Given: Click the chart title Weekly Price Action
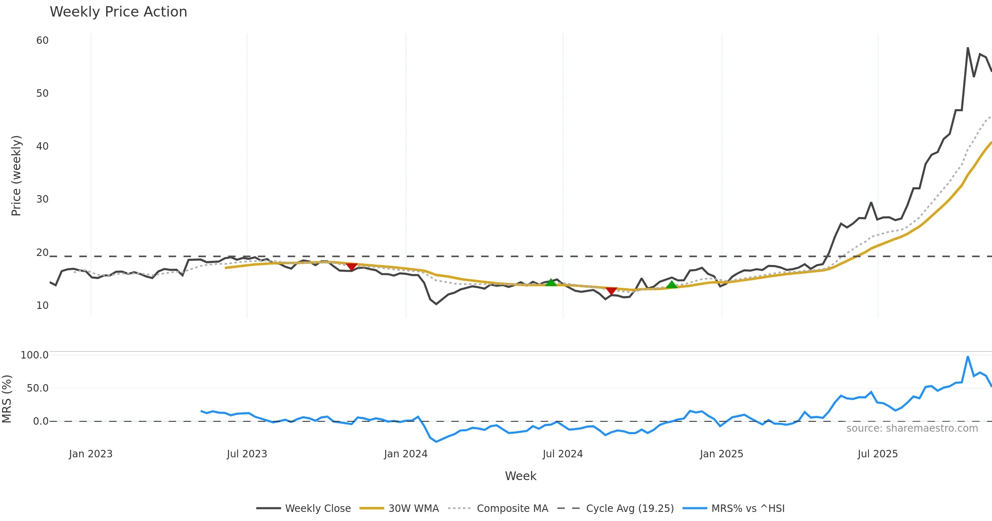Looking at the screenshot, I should [118, 12].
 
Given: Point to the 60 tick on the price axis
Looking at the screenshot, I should [43, 41].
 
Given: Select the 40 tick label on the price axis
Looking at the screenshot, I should [43, 146].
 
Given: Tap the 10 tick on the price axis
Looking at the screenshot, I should [43, 306].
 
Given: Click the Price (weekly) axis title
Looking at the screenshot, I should [16, 176].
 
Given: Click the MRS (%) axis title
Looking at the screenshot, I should [7, 399].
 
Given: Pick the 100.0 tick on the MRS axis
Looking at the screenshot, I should [35, 355].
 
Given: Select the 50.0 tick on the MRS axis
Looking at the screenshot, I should [38, 388].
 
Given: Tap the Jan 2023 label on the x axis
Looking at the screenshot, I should [91, 454].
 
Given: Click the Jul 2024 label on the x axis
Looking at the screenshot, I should [563, 454].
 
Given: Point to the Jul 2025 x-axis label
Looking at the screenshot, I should [878, 454].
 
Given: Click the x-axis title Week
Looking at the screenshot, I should [520, 476].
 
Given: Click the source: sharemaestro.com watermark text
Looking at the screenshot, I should [912, 428].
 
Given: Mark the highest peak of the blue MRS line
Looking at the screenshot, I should [968, 356].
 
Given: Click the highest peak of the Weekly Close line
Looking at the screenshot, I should [968, 48].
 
